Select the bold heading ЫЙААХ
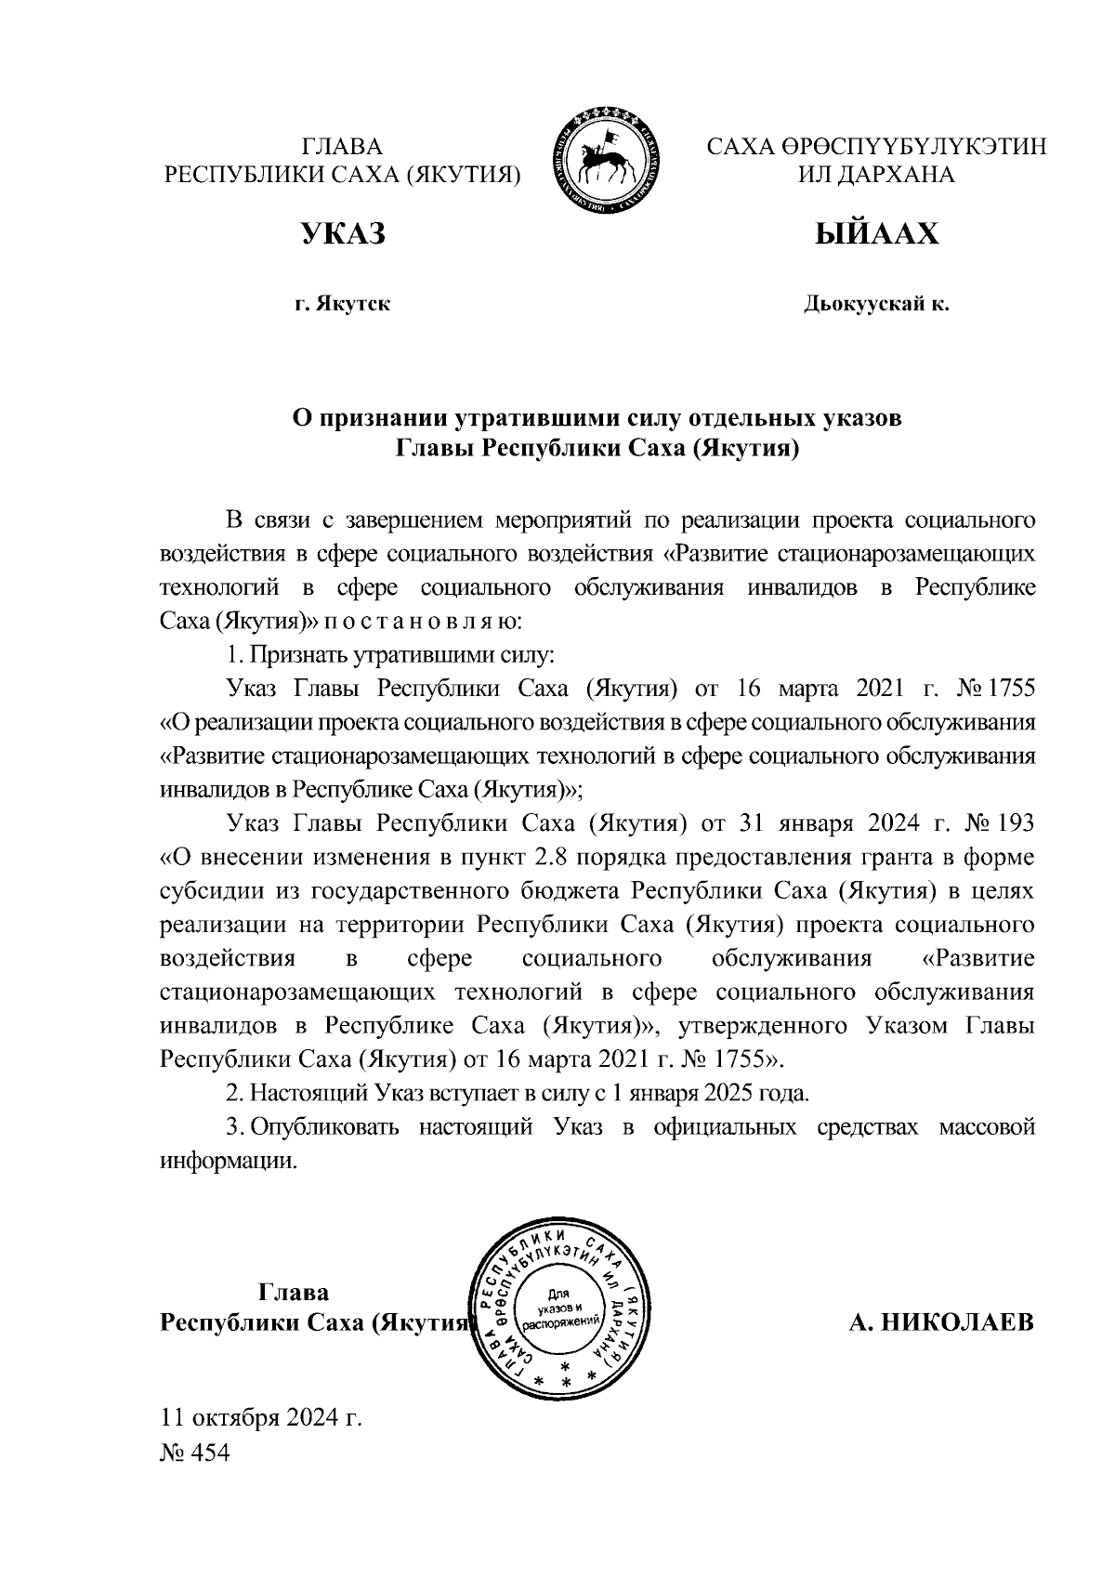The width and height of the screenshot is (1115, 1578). click(876, 234)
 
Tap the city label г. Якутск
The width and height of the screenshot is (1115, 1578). click(342, 303)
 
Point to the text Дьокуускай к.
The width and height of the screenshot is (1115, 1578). click(876, 303)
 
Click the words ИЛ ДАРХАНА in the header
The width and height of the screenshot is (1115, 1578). click(876, 175)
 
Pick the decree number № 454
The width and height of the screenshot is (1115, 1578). click(195, 1452)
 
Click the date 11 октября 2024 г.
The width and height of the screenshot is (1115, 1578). click(261, 1418)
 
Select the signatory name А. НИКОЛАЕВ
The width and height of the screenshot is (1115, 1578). click(941, 1322)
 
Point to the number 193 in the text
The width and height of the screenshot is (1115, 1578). click(1013, 823)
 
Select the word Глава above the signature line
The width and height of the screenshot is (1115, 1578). click(293, 1292)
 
